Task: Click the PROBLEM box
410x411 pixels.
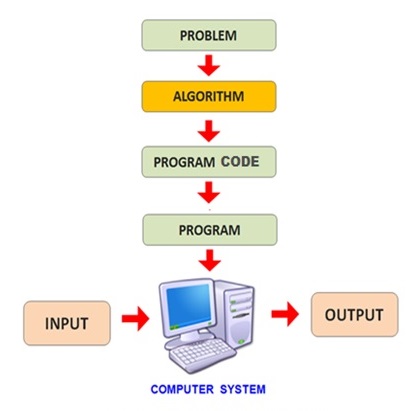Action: [x=208, y=35]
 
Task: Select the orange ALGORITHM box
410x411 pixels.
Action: [x=208, y=97]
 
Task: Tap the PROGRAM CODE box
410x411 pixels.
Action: [x=208, y=161]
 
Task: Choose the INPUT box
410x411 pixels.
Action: [x=69, y=324]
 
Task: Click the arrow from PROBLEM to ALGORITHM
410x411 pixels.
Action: [x=208, y=66]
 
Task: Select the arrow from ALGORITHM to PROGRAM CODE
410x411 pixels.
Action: [x=208, y=129]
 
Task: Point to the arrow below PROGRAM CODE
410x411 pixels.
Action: [x=208, y=193]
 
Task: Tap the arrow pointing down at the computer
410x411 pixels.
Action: [x=208, y=259]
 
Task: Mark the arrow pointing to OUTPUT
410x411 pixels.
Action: [x=286, y=316]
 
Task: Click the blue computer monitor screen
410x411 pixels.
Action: [x=186, y=306]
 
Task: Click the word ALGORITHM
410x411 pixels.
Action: [x=208, y=97]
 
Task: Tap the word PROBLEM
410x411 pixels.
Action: [x=208, y=35]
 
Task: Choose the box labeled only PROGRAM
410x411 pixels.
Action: [x=208, y=229]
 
